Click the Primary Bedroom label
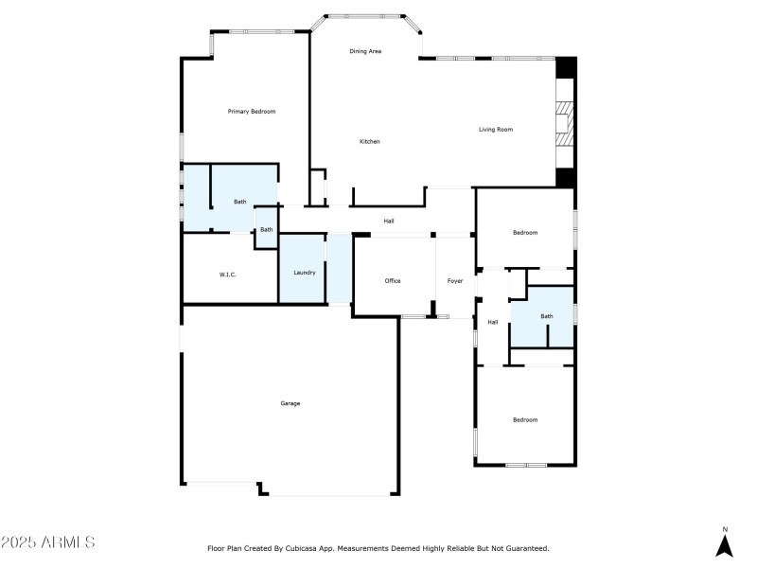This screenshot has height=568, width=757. pyautogui.click(x=252, y=112)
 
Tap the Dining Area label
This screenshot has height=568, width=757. pyautogui.click(x=365, y=51)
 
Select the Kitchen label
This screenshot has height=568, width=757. pyautogui.click(x=369, y=142)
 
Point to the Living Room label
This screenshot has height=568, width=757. pyautogui.click(x=495, y=130)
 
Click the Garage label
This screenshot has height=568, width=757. pyautogui.click(x=290, y=403)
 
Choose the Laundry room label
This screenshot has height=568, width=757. pyautogui.click(x=304, y=273)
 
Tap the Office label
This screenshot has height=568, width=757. pyautogui.click(x=393, y=281)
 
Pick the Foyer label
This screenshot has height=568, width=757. pyautogui.click(x=454, y=281)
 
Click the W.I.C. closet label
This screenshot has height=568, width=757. pyautogui.click(x=227, y=275)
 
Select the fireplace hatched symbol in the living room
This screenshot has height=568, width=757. pyautogui.click(x=564, y=123)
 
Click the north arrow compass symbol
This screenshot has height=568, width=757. pyautogui.click(x=725, y=546)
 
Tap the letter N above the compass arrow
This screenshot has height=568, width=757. pyautogui.click(x=725, y=529)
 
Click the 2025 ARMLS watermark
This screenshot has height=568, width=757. pyautogui.click(x=47, y=542)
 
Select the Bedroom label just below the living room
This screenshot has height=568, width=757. pyautogui.click(x=525, y=233)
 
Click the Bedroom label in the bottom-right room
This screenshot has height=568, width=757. pyautogui.click(x=525, y=419)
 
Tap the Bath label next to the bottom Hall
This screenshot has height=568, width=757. pyautogui.click(x=546, y=316)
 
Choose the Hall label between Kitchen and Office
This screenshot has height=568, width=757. pyautogui.click(x=389, y=221)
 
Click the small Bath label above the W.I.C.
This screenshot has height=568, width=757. pyautogui.click(x=267, y=229)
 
